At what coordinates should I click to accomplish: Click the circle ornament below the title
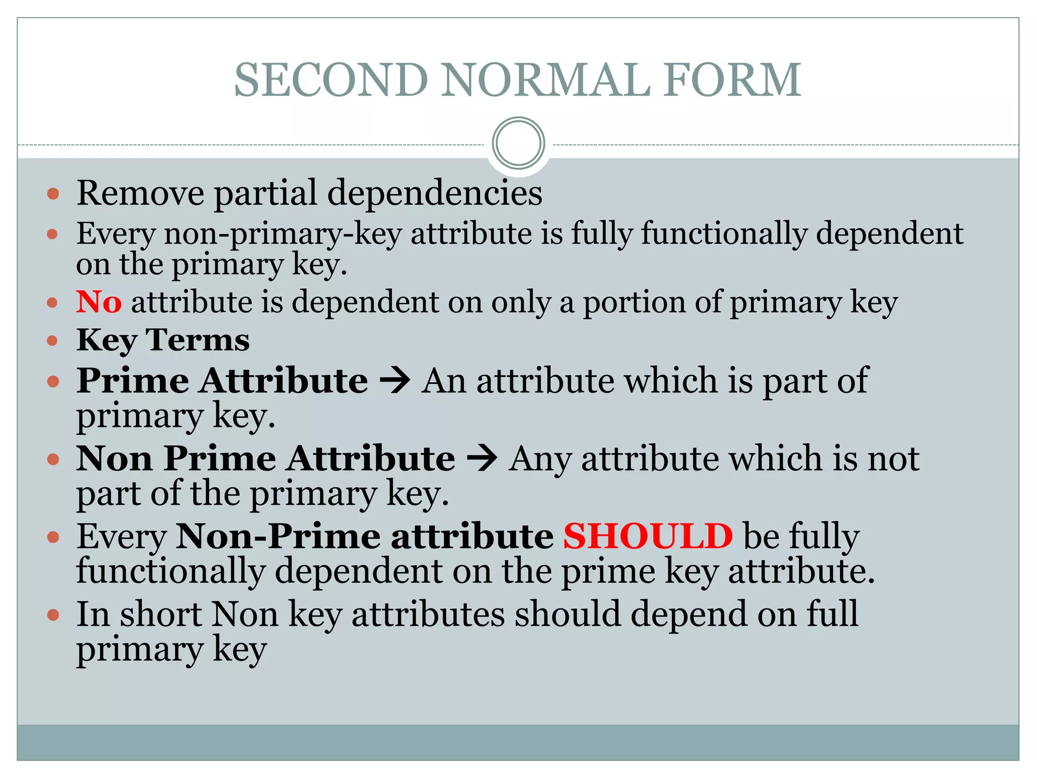518,143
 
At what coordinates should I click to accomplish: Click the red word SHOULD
648,535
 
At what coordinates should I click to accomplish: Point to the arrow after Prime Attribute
394,381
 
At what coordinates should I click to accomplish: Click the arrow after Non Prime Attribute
482,459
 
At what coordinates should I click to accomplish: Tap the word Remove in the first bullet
140,193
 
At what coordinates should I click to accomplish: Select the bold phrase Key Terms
163,340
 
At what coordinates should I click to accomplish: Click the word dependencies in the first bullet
435,193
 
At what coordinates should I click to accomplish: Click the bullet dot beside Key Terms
53,341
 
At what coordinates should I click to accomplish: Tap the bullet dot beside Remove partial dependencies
53,194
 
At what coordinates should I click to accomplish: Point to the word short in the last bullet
161,614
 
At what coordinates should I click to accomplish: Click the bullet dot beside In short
53,615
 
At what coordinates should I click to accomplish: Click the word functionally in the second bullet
724,234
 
